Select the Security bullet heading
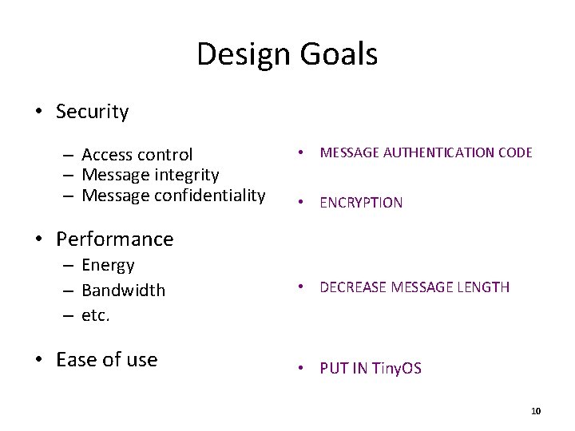click(x=92, y=112)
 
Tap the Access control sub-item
click(x=137, y=155)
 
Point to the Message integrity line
click(x=150, y=175)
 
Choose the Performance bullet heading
click(x=114, y=239)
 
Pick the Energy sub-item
click(x=108, y=265)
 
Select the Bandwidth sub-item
click(x=123, y=291)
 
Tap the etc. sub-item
click(x=95, y=315)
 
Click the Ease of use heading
click(x=106, y=360)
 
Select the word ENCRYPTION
click(x=361, y=203)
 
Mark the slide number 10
click(x=535, y=411)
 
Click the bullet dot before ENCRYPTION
click(x=301, y=203)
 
